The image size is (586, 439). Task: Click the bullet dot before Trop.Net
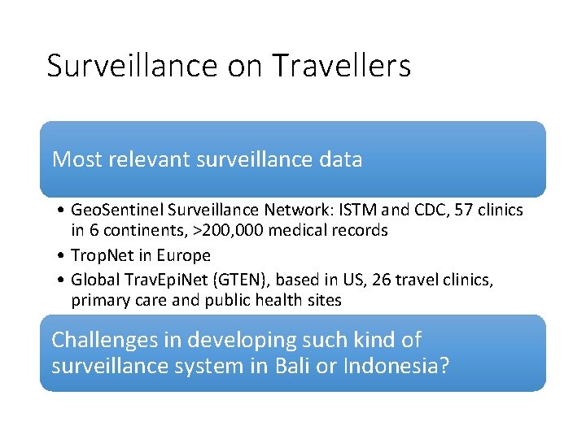pyautogui.click(x=62, y=256)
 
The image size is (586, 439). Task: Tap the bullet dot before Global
pyautogui.click(x=62, y=280)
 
